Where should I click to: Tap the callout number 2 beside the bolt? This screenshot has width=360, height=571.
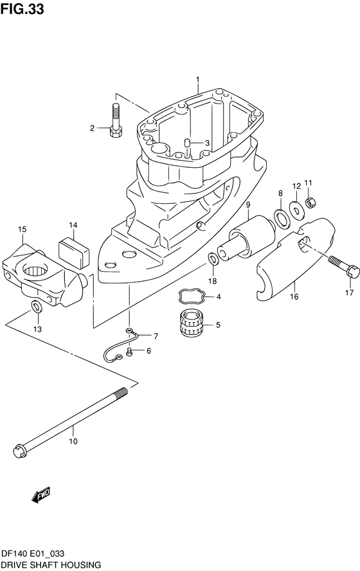[92, 128]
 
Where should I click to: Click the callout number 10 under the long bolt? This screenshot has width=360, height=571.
[73, 442]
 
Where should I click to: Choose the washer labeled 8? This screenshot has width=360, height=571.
[281, 219]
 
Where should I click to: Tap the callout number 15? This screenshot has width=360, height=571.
[22, 229]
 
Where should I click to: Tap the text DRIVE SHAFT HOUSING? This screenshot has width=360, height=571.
[51, 564]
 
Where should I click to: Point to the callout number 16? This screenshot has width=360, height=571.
[294, 298]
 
